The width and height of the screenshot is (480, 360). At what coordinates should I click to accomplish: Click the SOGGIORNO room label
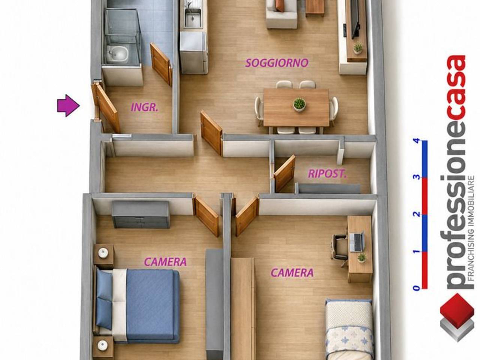pos(277,63)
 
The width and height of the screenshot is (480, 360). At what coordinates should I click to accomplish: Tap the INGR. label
pos(144,107)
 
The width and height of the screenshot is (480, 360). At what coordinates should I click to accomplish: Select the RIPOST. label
pos(327,174)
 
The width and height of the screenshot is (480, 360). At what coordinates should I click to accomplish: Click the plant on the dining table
pos(299,105)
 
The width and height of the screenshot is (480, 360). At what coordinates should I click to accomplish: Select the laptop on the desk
pos(357,241)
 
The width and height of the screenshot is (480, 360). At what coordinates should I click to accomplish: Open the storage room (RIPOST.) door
pos(285,173)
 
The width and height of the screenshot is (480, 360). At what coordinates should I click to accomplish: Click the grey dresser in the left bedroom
pos(141,214)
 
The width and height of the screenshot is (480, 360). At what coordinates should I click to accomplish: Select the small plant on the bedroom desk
pos(362,258)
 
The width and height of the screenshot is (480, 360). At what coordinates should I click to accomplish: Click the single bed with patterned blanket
pos(349,330)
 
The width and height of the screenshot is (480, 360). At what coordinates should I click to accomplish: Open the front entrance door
pos(106,108)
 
